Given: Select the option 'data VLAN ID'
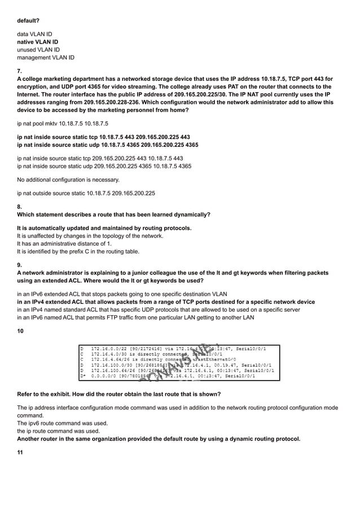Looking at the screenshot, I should click(34, 34).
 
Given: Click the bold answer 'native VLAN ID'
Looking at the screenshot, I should click(37, 42).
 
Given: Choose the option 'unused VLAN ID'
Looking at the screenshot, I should click(38, 50).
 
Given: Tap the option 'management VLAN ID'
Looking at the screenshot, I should click(45, 58).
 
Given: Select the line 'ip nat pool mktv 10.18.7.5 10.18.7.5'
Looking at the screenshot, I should click(63, 123).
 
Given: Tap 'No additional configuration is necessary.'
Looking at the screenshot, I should click(68, 180).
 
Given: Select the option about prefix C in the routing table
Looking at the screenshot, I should click(69, 251).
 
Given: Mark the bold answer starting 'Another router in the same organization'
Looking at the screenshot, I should click(159, 438).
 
